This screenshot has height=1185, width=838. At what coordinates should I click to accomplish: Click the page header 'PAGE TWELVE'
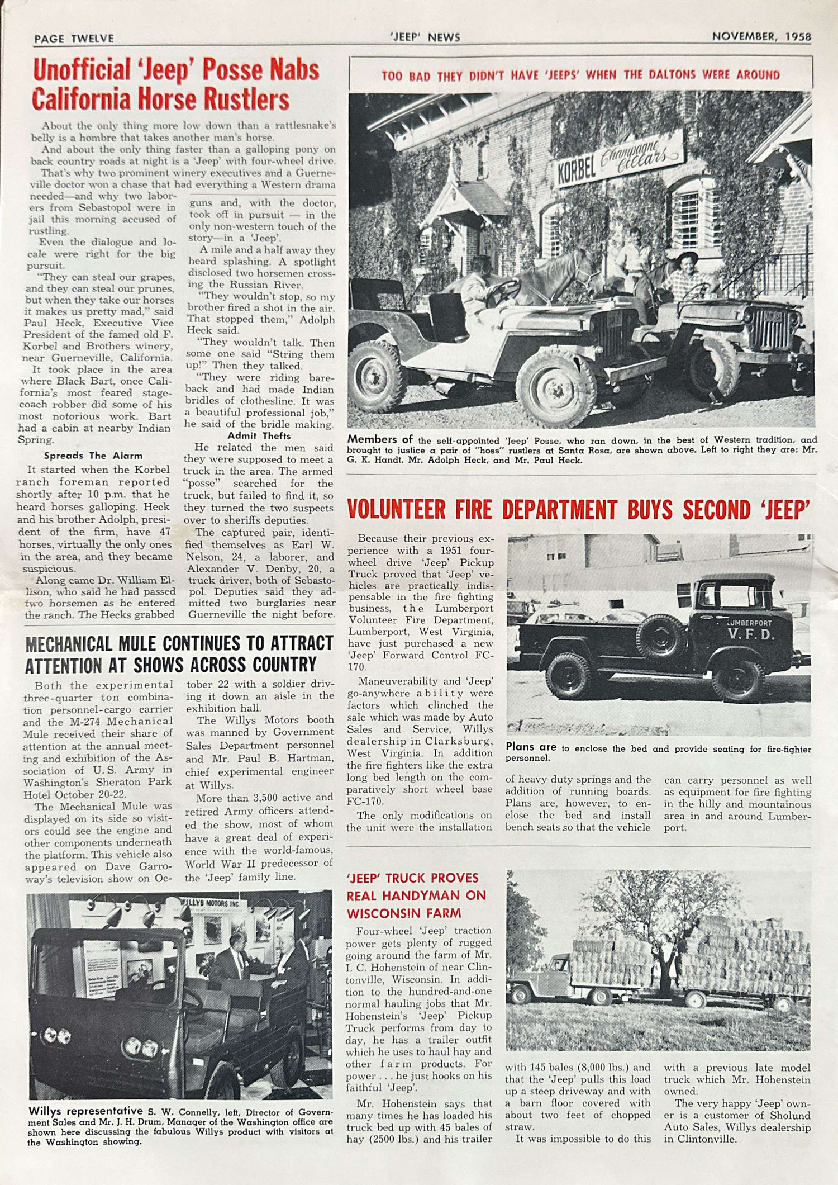pyautogui.click(x=74, y=39)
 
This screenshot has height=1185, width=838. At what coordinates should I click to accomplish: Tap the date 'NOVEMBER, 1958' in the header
pyautogui.click(x=761, y=37)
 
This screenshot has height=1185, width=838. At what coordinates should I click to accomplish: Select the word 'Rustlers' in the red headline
pyautogui.click(x=246, y=99)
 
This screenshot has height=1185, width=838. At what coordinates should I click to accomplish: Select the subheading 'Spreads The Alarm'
pyautogui.click(x=93, y=456)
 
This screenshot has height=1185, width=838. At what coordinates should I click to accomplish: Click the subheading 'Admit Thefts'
pyautogui.click(x=259, y=436)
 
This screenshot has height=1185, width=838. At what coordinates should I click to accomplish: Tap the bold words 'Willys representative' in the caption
pyautogui.click(x=85, y=1111)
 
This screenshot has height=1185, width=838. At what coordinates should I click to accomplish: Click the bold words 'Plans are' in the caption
pyautogui.click(x=531, y=747)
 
